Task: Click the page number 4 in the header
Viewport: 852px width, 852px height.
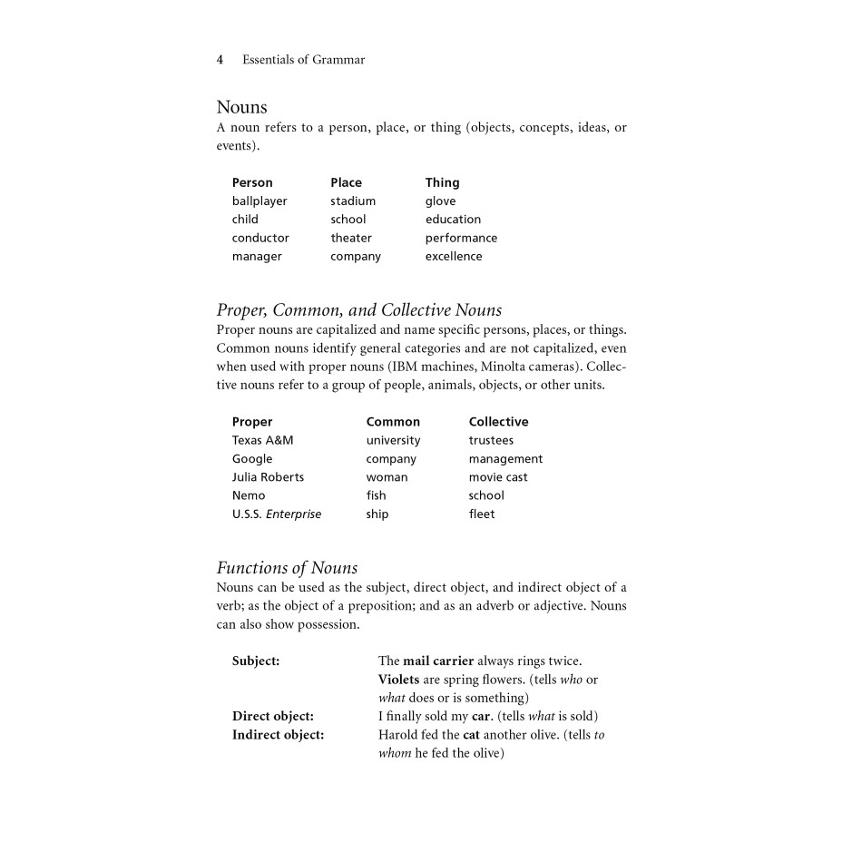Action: [x=220, y=60]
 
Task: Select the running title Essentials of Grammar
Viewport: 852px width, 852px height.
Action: [x=303, y=60]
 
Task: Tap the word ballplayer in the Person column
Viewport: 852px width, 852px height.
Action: [x=260, y=201]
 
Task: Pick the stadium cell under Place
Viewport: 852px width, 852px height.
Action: [x=353, y=201]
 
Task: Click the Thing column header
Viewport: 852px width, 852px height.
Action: [x=442, y=182]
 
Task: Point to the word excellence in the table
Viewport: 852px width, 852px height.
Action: [x=454, y=257]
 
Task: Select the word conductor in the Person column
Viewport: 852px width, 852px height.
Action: [x=260, y=239]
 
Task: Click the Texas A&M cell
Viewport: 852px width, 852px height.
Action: [x=262, y=441]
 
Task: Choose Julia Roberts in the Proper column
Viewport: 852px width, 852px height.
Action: [x=268, y=477]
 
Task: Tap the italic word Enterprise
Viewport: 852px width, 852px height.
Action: [x=293, y=514]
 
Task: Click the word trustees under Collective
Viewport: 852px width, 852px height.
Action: [x=491, y=441]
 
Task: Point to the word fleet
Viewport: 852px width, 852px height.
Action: [x=482, y=514]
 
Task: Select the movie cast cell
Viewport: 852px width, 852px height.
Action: [x=498, y=477]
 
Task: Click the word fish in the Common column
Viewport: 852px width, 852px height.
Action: [x=376, y=495]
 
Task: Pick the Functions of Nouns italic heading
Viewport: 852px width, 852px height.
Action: [x=287, y=568]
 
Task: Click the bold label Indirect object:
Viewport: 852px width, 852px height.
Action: [x=278, y=735]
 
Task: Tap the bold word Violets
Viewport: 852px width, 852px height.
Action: [x=397, y=680]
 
